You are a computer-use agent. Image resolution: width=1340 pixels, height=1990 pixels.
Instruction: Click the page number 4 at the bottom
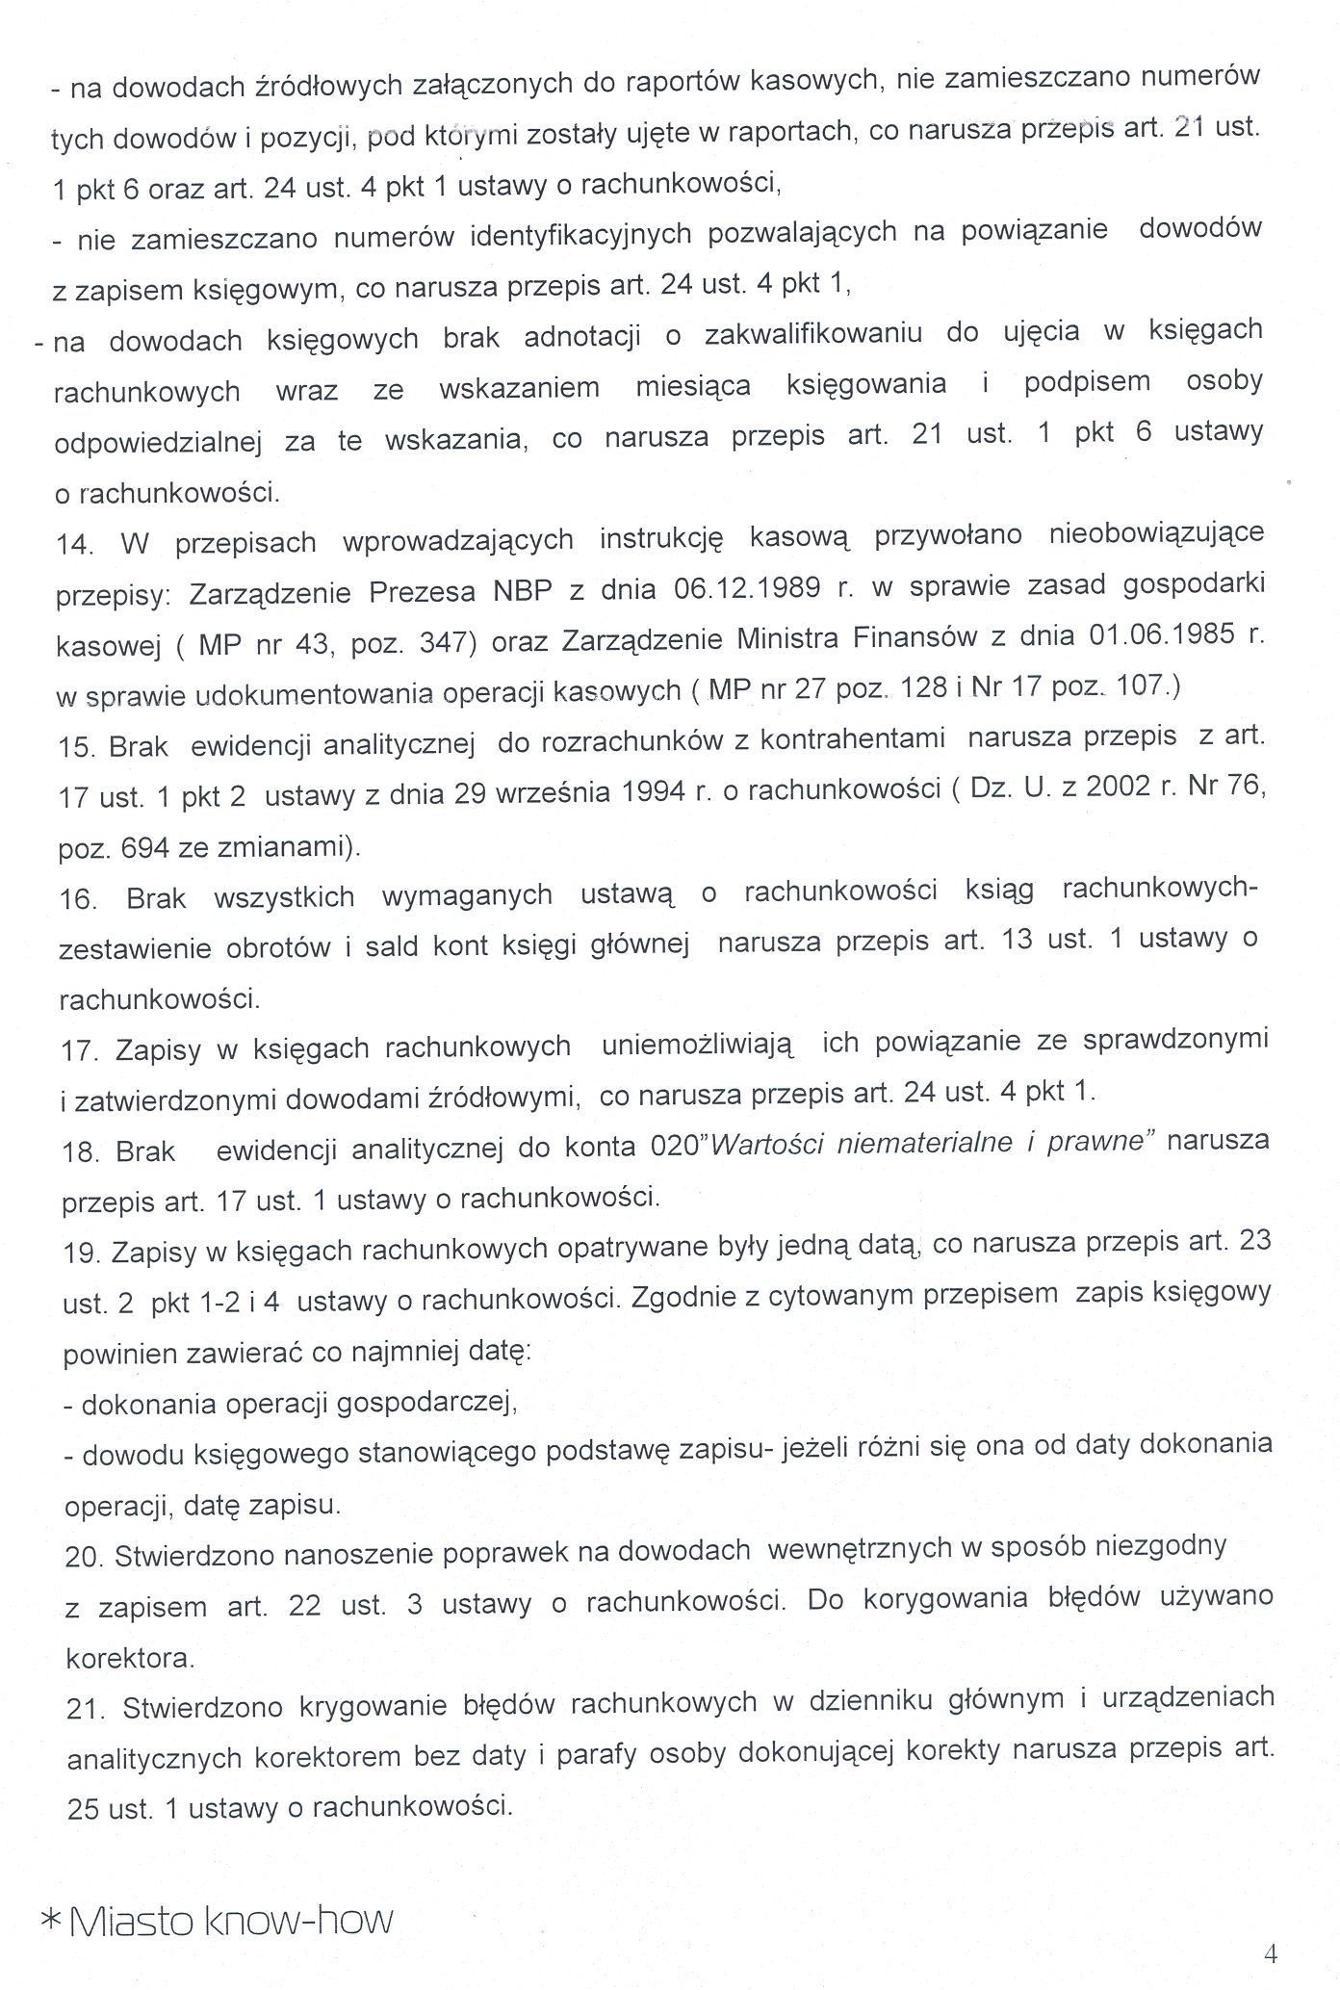(x=1270, y=1952)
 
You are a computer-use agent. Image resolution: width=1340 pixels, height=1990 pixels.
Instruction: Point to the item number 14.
(x=75, y=544)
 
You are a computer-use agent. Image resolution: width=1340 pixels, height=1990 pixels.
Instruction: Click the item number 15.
(x=76, y=747)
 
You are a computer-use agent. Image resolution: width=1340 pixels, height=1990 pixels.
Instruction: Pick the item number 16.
(x=78, y=899)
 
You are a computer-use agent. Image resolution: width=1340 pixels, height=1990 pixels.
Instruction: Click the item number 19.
(x=82, y=1253)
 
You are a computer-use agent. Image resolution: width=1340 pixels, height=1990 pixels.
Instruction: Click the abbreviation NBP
(x=523, y=589)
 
